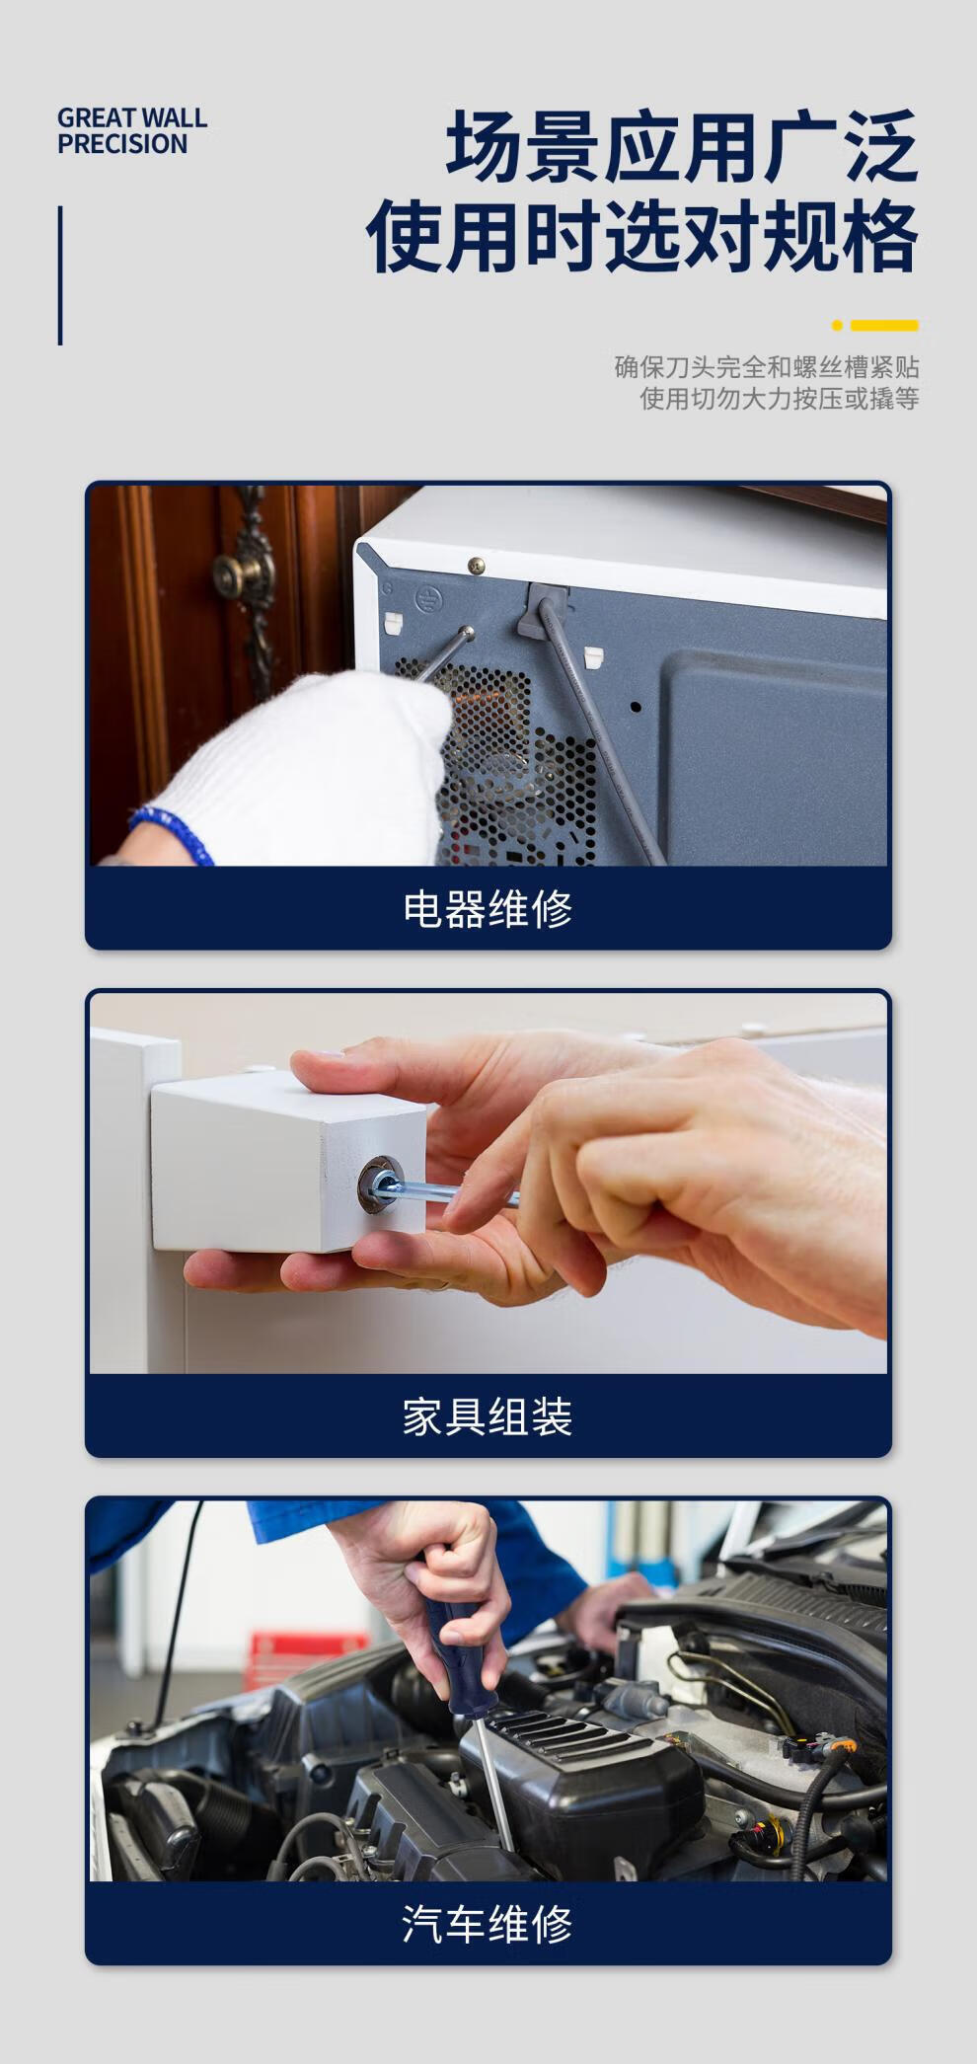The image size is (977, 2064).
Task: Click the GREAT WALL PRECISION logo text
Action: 132,131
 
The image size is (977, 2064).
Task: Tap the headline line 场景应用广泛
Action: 682,149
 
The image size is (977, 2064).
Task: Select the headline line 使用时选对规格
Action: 642,237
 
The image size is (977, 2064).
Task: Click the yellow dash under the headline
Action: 884,325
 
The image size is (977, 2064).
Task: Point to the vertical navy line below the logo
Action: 60,275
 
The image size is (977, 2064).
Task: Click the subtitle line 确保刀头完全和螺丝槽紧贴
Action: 767,367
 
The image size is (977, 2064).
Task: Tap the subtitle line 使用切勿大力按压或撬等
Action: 780,399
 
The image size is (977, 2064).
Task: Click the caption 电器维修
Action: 488,908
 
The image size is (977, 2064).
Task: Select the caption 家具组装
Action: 488,1416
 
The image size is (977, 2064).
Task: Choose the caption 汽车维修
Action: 488,1924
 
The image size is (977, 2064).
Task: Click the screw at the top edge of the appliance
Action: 476,566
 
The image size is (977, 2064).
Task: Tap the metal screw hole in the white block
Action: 377,1183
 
